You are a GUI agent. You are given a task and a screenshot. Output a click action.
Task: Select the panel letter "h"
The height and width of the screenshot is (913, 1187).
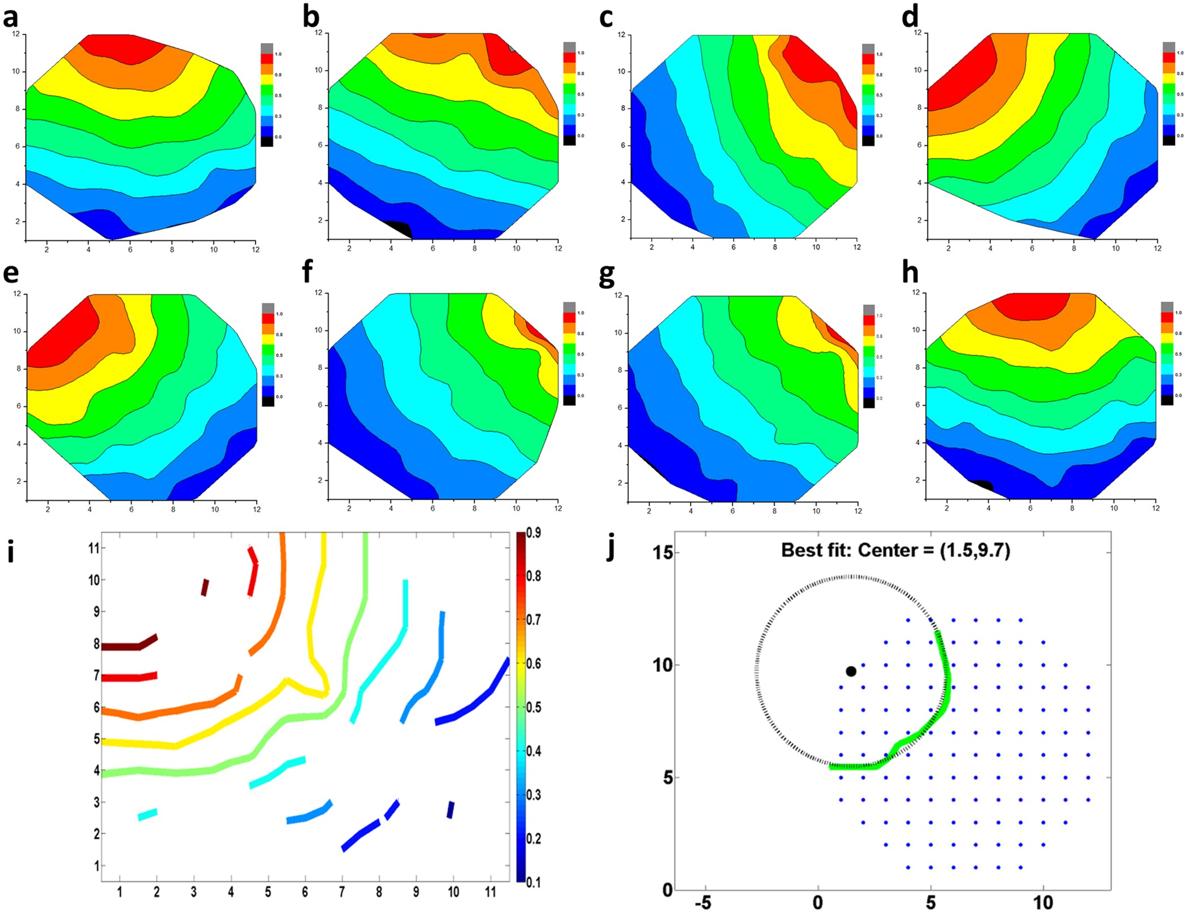point(910,272)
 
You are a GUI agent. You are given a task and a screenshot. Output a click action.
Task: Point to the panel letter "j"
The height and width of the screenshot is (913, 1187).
point(610,546)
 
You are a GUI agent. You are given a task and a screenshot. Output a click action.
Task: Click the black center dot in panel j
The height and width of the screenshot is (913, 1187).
point(851,671)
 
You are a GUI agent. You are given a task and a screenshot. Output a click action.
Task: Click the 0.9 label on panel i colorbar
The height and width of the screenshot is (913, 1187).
point(533,533)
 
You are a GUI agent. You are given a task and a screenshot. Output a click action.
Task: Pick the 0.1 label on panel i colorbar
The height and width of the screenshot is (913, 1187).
point(533,882)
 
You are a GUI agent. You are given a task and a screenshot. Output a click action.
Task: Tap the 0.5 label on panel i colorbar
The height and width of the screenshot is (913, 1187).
point(533,707)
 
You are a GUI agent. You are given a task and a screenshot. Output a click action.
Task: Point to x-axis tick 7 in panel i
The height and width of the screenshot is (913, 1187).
point(342,892)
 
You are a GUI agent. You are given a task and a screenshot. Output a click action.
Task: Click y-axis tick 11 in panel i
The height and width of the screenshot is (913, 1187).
point(94,548)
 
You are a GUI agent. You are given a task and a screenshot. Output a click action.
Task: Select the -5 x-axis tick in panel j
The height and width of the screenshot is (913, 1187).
point(703,903)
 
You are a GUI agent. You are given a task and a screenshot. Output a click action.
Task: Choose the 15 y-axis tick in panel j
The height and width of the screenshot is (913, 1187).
point(662,552)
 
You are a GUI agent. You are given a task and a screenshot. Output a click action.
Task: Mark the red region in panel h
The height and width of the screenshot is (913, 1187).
point(1030,305)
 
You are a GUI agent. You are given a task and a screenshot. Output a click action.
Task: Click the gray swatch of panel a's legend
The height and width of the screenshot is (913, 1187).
point(267,48)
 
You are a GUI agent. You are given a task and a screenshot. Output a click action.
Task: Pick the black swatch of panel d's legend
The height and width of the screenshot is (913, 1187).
point(1168,140)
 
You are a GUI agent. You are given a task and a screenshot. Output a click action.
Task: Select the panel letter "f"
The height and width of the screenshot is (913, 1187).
point(307,272)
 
